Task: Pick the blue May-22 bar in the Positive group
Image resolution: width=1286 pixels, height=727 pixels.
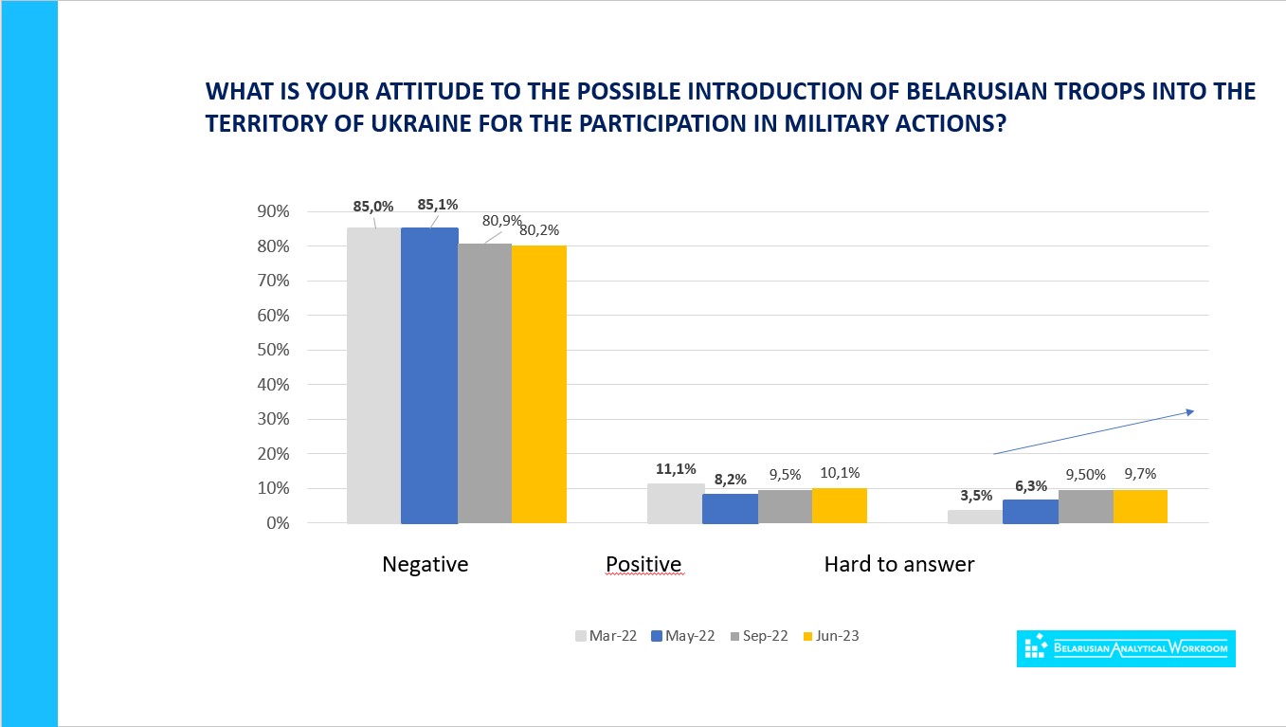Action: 730,509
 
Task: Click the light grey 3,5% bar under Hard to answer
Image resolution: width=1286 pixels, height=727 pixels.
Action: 975,517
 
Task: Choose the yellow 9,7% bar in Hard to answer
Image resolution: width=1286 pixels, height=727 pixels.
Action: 1140,506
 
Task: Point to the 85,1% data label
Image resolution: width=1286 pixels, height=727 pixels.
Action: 437,205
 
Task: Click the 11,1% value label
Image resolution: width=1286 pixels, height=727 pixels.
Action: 676,469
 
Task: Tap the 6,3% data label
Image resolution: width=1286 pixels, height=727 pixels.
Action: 1030,485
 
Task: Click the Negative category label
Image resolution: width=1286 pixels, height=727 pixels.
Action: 425,565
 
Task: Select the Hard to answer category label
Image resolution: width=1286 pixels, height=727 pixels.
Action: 898,565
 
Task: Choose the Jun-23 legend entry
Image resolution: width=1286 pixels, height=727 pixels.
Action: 830,636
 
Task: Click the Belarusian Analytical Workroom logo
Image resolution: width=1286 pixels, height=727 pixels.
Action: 1126,648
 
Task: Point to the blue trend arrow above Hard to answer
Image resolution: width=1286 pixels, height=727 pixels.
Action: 1093,432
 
